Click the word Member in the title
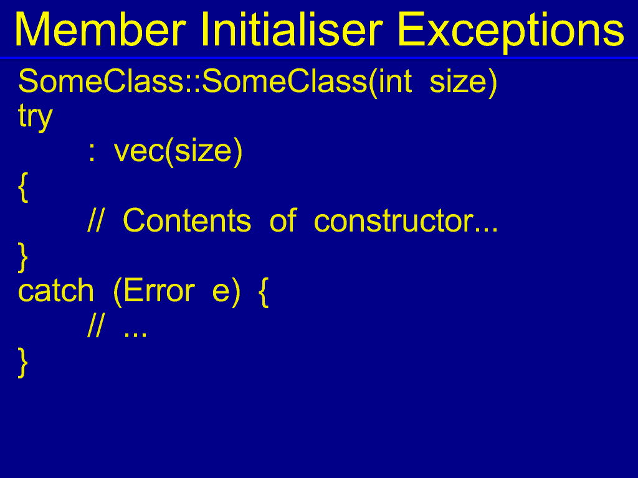click(x=100, y=30)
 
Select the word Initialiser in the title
click(x=292, y=29)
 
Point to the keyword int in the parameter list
click(x=394, y=82)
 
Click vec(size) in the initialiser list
click(x=178, y=151)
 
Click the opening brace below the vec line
click(x=23, y=187)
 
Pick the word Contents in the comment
click(x=187, y=221)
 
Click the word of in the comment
click(x=283, y=221)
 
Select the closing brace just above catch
click(x=23, y=257)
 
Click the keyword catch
click(x=56, y=291)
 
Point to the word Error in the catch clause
click(x=159, y=291)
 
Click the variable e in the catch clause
click(x=221, y=294)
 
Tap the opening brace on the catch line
click(x=264, y=292)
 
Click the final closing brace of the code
click(x=23, y=362)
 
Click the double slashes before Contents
click(x=96, y=221)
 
